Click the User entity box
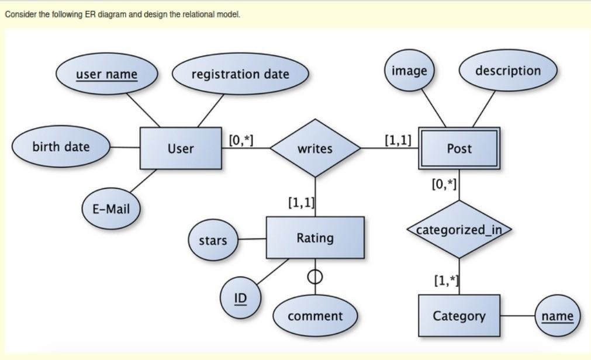click(x=181, y=148)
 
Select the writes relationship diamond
click(x=315, y=148)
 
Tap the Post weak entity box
click(x=459, y=148)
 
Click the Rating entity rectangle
click(x=315, y=238)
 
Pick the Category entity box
click(x=459, y=316)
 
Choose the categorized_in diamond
click(x=459, y=230)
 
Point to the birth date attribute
click(x=61, y=147)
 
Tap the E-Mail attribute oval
click(x=111, y=209)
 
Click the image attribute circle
click(x=409, y=71)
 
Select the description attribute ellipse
click(x=508, y=71)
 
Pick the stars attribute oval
click(x=213, y=240)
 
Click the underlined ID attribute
click(x=240, y=298)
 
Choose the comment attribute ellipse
click(x=315, y=316)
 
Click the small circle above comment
click(x=315, y=274)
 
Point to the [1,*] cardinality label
click(x=446, y=281)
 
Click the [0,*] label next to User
click(x=241, y=140)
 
